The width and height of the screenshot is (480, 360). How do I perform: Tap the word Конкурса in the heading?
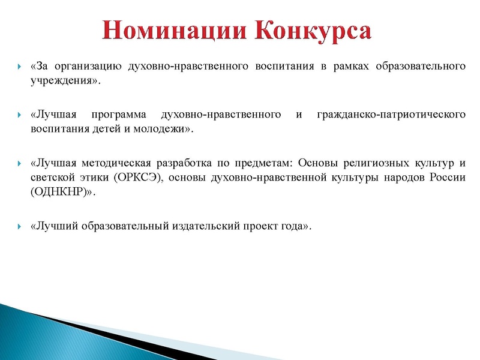(311, 29)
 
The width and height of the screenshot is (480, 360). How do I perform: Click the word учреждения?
(61, 80)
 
